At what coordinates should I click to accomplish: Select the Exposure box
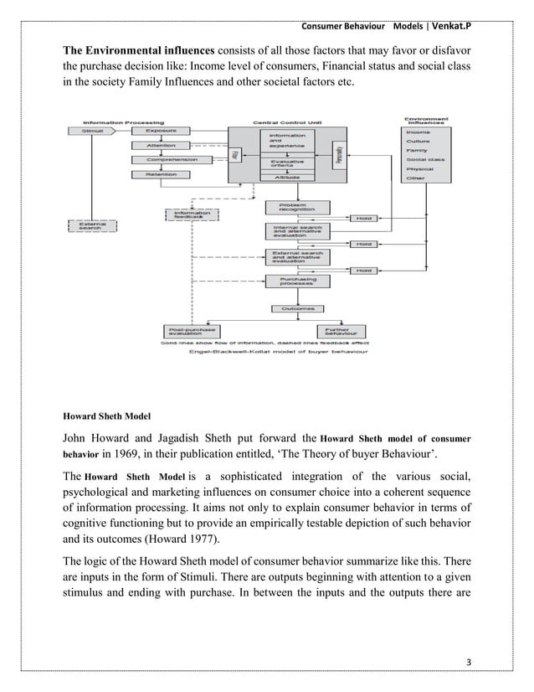(161, 131)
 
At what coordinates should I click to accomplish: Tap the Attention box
(161, 145)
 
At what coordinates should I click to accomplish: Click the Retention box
(161, 174)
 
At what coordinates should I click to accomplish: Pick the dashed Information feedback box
(191, 215)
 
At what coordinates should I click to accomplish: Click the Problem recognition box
(290, 206)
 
